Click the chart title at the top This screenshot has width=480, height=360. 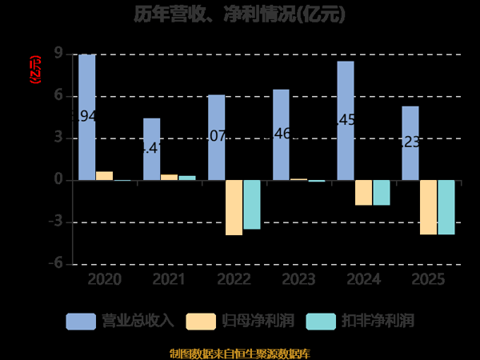pos(240,15)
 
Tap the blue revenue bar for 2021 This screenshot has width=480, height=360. pos(152,150)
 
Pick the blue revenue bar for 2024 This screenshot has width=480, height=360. pos(346,121)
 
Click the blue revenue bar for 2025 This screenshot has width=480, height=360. pos(410,143)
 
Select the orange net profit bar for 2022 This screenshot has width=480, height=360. pos(234,207)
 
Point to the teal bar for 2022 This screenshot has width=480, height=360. pos(252,205)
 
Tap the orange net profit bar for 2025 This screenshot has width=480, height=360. pos(428,207)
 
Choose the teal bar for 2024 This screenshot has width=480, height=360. pos(382,193)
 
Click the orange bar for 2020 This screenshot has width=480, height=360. pos(105,176)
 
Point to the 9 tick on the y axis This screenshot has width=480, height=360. pos(58,54)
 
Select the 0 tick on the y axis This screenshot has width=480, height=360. pos(58,180)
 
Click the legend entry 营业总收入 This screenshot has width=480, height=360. pos(120,321)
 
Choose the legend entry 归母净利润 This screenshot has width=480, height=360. pos(240,321)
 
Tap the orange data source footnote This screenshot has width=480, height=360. pos(240,353)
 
